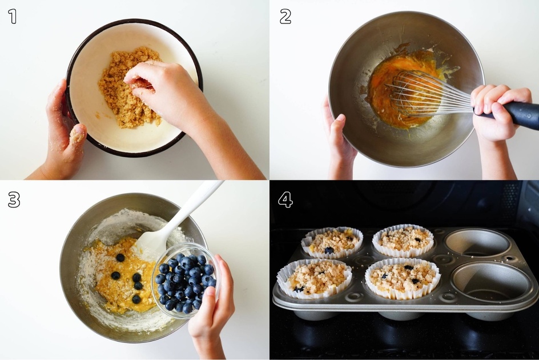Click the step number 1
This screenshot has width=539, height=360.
pos(13,16)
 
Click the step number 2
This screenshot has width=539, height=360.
pos(285,16)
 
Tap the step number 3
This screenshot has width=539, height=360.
pos(14,199)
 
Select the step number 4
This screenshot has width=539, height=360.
pos(285,199)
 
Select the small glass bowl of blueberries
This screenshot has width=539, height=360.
pos(186,281)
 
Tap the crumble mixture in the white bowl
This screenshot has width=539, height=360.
pos(130,89)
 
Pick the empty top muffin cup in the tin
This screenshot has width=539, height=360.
pos(477,243)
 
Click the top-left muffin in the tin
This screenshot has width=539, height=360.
pos(332,243)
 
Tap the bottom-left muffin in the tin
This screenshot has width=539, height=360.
pos(314,278)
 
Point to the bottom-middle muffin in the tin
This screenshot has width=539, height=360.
pos(403,278)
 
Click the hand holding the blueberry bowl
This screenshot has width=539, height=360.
pos(210,306)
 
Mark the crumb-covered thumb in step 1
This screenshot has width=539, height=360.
pos(77,134)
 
